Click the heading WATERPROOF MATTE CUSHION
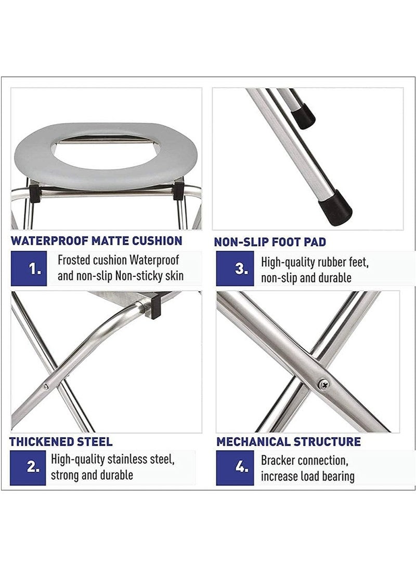96,241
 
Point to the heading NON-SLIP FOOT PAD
270,242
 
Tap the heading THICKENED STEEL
61,442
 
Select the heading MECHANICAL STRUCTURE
289,442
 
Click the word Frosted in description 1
74,260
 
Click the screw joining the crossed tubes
323,384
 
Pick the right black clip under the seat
178,188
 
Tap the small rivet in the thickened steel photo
46,386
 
